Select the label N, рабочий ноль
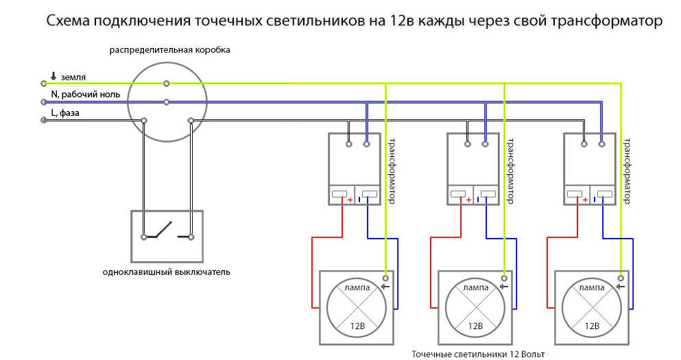85,95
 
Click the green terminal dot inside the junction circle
167,84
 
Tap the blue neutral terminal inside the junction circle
167,102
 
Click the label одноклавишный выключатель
166,272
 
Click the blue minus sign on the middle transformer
477,200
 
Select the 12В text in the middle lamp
475,324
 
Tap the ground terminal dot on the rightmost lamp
621,278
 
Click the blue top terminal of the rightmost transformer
601,145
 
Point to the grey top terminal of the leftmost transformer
349,145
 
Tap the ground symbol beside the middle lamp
503,285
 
